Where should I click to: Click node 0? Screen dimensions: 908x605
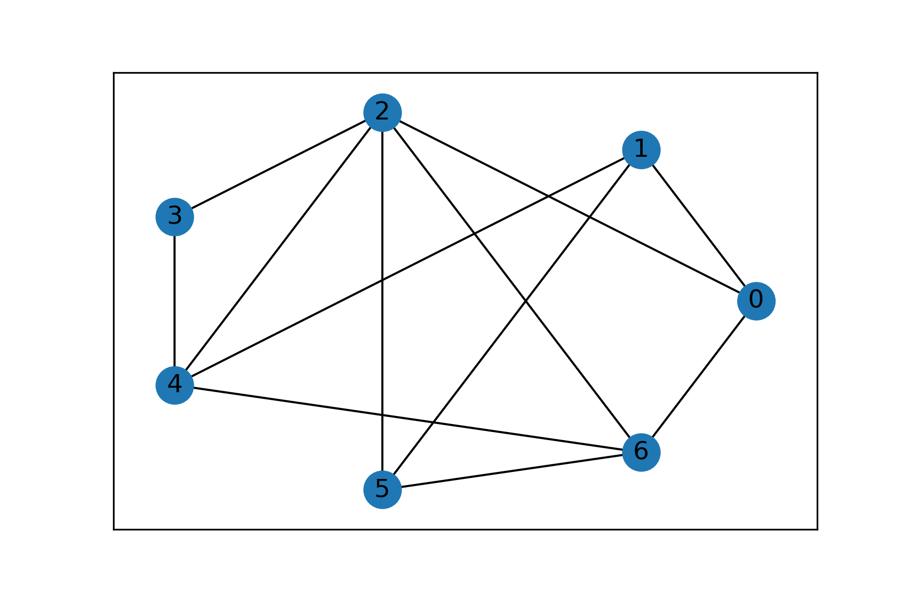click(756, 301)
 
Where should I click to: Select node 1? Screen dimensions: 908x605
click(641, 150)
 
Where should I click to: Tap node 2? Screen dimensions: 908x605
click(382, 112)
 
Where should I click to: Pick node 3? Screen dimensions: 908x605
click(175, 217)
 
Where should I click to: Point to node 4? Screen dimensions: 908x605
click(175, 385)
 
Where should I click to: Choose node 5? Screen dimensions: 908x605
click(382, 489)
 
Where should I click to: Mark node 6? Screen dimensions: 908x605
click(641, 452)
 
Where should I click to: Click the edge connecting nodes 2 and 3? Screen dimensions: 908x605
click(278, 164)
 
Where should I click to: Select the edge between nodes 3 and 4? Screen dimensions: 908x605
click(175, 301)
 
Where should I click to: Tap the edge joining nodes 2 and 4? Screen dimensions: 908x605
click(278, 249)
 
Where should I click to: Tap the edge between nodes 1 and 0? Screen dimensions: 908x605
click(698, 225)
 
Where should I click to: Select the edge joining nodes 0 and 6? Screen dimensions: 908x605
click(698, 377)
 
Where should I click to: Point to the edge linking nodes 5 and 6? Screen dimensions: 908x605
click(512, 470)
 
